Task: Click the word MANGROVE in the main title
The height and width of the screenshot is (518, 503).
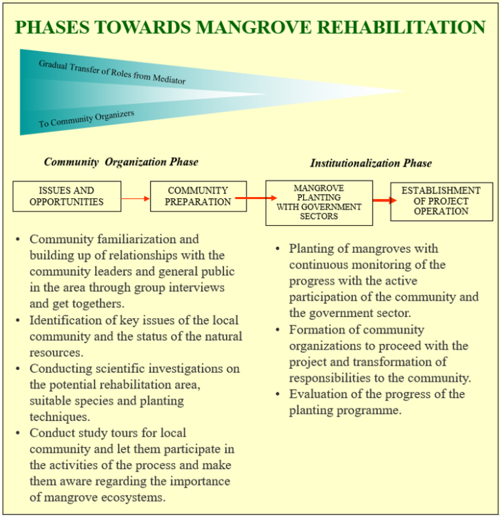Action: tap(253, 27)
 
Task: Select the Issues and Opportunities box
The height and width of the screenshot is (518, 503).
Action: tap(67, 196)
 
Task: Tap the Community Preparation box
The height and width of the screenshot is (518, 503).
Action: tap(198, 196)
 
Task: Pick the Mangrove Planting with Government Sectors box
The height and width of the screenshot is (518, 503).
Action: tap(319, 203)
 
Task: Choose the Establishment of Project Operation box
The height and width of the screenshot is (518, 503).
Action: tap(441, 202)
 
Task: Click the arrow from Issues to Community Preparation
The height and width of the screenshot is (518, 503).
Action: tap(136, 198)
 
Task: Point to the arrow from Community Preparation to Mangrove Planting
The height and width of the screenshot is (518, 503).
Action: tap(256, 198)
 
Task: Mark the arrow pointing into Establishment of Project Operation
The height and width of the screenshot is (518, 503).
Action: tap(384, 200)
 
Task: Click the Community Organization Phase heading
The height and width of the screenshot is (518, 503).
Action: tap(121, 162)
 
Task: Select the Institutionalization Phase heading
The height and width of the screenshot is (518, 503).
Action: tap(371, 163)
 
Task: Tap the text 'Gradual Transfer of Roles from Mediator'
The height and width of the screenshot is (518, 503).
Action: tap(112, 72)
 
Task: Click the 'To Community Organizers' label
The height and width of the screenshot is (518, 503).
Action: tap(86, 119)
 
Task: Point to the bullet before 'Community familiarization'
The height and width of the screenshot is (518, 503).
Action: tap(18, 239)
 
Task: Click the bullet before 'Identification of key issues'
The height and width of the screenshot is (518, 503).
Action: tap(18, 320)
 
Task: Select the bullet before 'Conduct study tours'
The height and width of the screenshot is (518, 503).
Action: tap(18, 433)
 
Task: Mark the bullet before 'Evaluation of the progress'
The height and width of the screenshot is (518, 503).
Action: tap(278, 394)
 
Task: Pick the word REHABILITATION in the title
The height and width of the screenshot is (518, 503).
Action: tap(401, 27)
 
